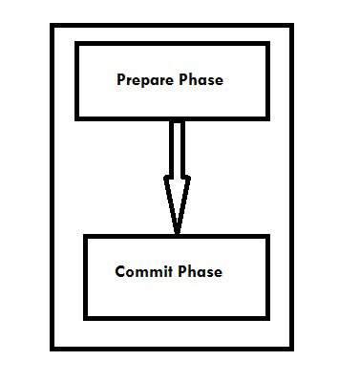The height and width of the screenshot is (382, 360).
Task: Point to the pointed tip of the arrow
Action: point(177,232)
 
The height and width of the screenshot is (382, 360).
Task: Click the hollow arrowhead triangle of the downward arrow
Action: point(177,196)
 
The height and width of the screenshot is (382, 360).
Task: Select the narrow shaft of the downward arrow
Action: point(177,148)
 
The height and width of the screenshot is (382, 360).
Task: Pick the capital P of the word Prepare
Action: point(120,80)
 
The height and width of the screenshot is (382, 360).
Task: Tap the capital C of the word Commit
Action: point(119,271)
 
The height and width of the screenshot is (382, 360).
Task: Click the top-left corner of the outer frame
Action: point(52,26)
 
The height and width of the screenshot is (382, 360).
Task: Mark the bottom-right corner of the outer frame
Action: point(293,350)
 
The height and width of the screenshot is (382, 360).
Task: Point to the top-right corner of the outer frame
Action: point(293,26)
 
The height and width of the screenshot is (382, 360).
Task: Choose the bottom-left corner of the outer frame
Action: point(52,350)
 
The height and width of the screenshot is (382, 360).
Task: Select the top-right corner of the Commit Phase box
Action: point(268,236)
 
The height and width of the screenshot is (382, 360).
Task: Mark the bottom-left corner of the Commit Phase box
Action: point(86,317)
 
